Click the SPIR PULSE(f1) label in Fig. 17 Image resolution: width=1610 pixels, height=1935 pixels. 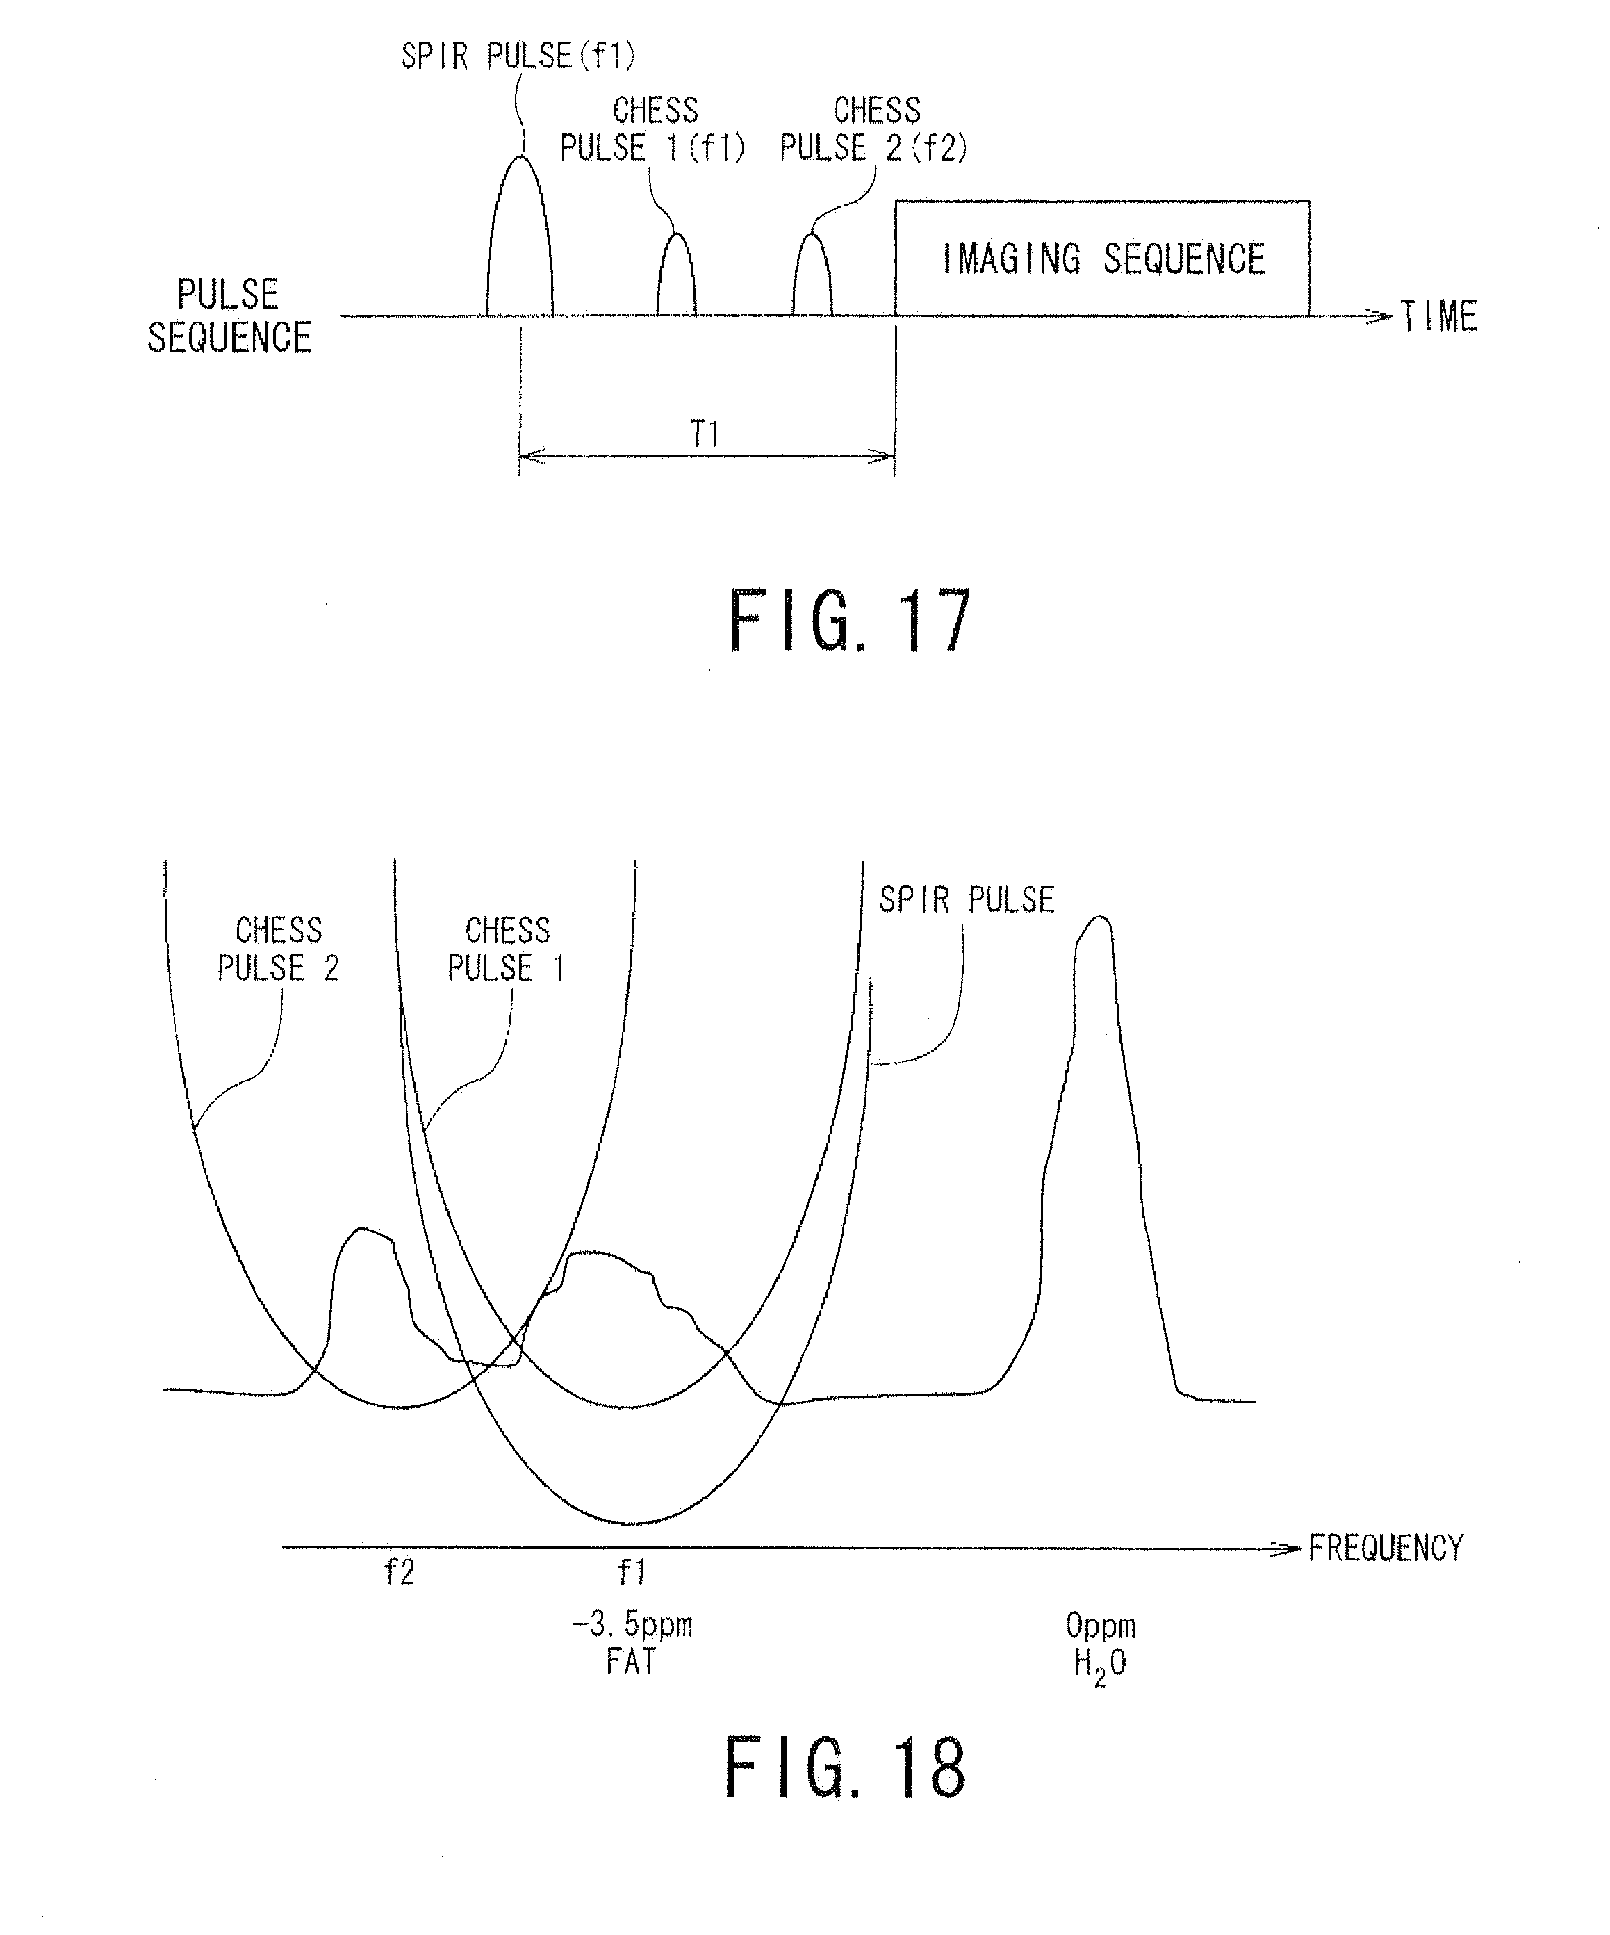[518, 57]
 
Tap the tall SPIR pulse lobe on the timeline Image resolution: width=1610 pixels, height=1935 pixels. [520, 240]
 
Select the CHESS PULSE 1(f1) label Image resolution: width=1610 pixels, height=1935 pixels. [653, 130]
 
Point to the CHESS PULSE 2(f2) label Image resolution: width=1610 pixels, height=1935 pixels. [874, 130]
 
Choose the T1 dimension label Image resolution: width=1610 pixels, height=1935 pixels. [705, 433]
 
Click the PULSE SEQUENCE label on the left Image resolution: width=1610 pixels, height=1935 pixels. [229, 316]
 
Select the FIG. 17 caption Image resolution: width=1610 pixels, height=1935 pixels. [849, 622]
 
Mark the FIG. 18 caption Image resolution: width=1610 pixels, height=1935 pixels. [846, 1767]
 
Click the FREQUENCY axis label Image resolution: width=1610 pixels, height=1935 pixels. [1386, 1548]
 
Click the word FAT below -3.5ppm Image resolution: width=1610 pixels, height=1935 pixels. [632, 1660]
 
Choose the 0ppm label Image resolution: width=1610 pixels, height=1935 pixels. [1101, 1624]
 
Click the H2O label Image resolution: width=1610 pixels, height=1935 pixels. [1101, 1663]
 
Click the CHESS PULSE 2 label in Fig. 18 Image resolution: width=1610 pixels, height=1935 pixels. [278, 949]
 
